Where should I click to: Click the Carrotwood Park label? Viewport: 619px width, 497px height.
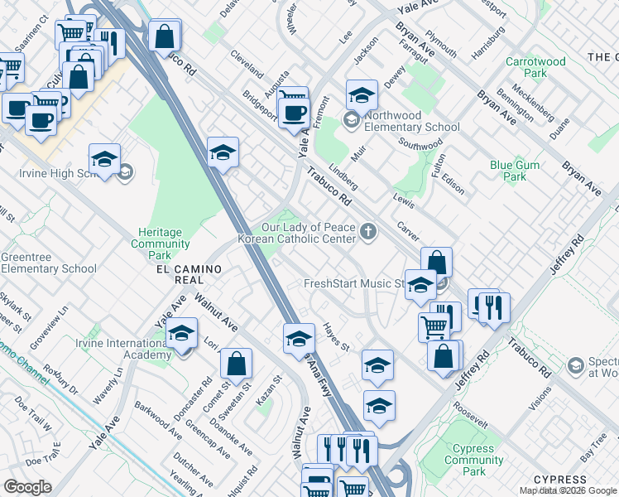click(x=535, y=67)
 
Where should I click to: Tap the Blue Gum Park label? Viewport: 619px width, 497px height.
click(x=514, y=171)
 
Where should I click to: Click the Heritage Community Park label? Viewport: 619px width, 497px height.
click(x=161, y=239)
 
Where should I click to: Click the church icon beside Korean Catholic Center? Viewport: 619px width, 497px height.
click(x=368, y=233)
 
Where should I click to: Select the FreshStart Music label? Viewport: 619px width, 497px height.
click(x=353, y=283)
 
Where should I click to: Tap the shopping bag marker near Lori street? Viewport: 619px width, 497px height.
click(x=237, y=363)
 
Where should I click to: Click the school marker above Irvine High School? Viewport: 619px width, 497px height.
click(x=105, y=159)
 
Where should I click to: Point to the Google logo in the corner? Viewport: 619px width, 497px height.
click(x=27, y=487)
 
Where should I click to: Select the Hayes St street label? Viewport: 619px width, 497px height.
click(x=337, y=335)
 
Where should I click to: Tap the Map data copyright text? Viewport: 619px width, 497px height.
click(x=569, y=490)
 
